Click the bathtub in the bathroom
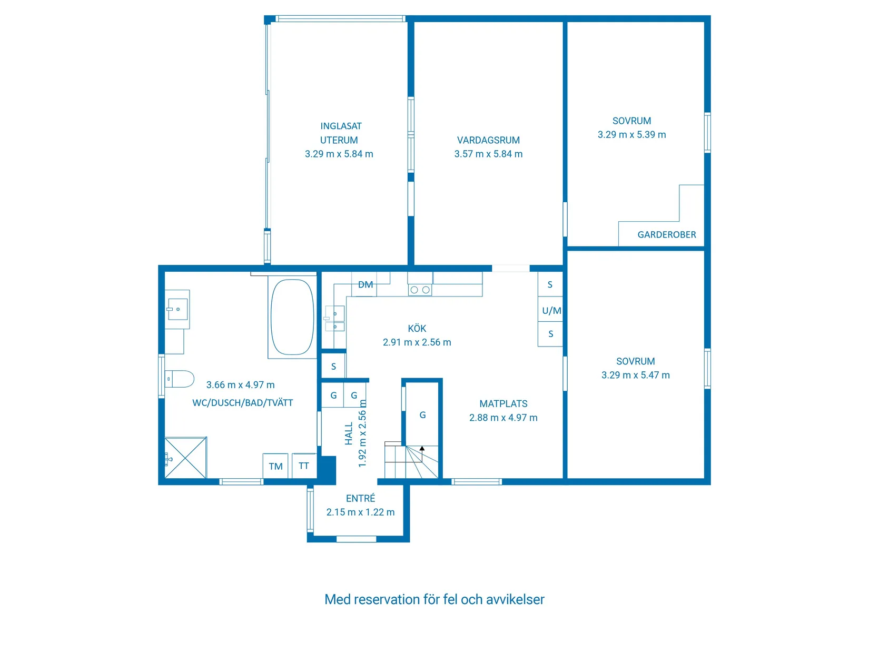click(292, 317)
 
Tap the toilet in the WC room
click(179, 379)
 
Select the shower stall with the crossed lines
click(185, 457)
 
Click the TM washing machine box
click(275, 466)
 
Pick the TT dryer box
click(304, 466)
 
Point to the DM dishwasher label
click(365, 284)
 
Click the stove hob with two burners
click(420, 290)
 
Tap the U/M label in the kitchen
click(551, 310)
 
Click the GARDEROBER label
click(666, 234)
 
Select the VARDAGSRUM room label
click(488, 140)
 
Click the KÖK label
click(417, 328)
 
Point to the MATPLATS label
click(503, 403)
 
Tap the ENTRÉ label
click(360, 498)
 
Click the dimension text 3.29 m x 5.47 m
click(635, 375)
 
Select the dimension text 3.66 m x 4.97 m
click(240, 385)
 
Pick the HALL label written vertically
click(349, 433)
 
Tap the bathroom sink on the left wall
click(177, 309)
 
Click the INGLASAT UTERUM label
click(340, 133)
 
